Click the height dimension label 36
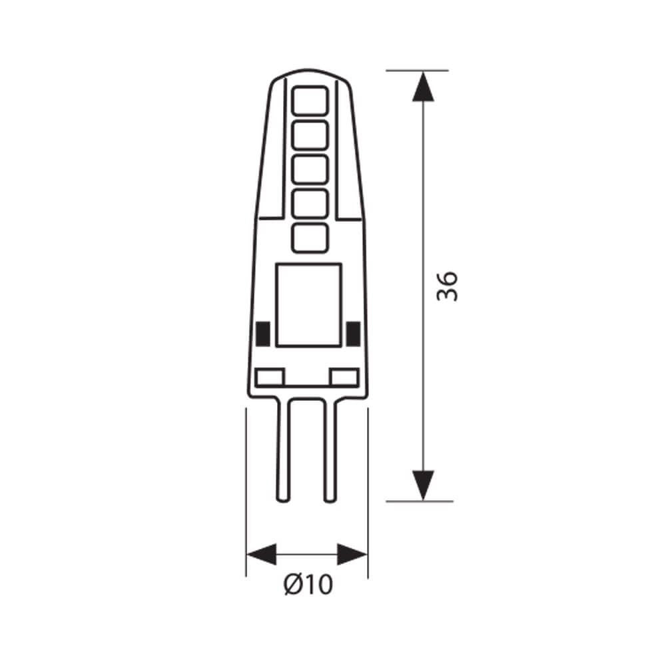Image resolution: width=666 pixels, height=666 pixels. pyautogui.click(x=448, y=286)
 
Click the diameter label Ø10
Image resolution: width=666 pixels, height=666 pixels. pyautogui.click(x=308, y=585)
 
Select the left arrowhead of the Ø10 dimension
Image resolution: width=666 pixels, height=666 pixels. pyautogui.click(x=261, y=554)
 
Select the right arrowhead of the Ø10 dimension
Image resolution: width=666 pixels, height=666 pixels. pyautogui.click(x=352, y=554)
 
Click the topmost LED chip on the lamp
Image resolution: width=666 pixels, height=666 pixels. pyautogui.click(x=310, y=101)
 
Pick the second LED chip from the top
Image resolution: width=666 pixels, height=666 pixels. pyautogui.click(x=310, y=135)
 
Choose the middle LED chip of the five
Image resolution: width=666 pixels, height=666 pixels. pyautogui.click(x=310, y=169)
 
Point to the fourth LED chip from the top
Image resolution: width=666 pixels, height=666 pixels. pyautogui.click(x=310, y=203)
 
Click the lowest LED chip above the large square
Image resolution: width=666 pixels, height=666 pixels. pyautogui.click(x=310, y=238)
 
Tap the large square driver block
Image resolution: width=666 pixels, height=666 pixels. pyautogui.click(x=308, y=304)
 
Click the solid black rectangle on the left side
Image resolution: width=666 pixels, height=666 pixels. pyautogui.click(x=262, y=333)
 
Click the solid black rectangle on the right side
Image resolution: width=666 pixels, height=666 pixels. pyautogui.click(x=354, y=333)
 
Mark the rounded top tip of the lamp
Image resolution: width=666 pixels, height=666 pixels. pyautogui.click(x=309, y=71)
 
